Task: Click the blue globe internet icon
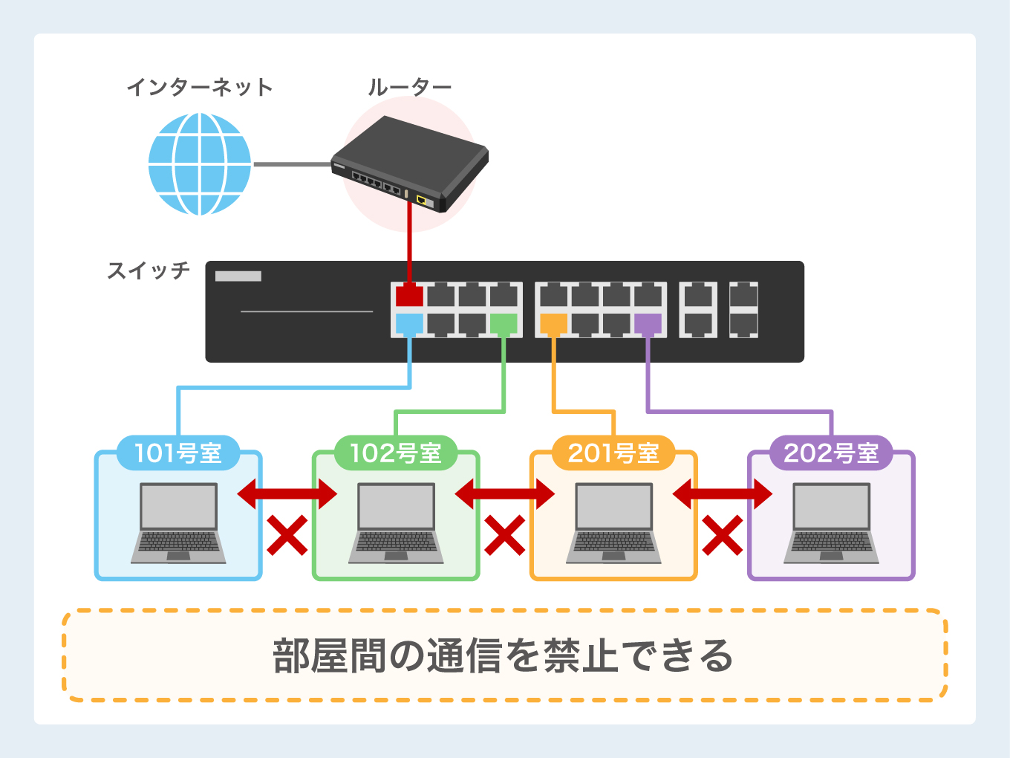point(200,164)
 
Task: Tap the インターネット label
point(200,88)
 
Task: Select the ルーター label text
point(410,88)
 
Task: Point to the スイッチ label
point(149,271)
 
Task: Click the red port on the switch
point(409,295)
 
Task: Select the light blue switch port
point(409,324)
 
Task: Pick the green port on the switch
point(504,324)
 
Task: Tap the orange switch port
point(553,324)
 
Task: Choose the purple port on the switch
point(648,324)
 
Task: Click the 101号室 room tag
point(178,453)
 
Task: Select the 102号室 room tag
point(396,453)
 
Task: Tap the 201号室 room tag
point(613,453)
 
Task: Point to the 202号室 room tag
point(831,453)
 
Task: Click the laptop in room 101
point(178,523)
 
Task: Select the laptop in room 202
point(831,523)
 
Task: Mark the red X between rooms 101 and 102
point(287,535)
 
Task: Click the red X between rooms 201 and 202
point(723,535)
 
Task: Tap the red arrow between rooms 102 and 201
point(505,493)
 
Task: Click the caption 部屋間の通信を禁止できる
point(504,655)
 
